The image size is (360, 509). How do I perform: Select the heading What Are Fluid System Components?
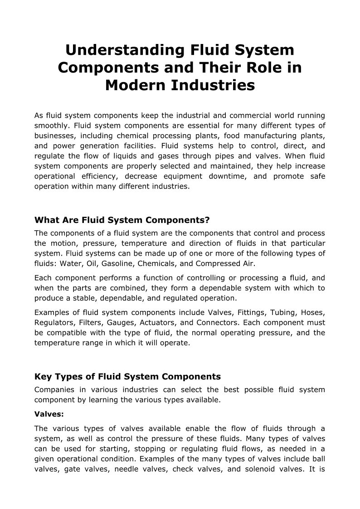[x=122, y=220]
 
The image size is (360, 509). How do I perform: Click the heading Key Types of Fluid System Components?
[x=127, y=377]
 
